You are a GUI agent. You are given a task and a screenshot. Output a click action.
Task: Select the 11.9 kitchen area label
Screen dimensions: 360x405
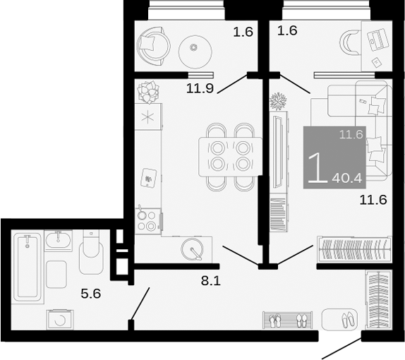click(200, 88)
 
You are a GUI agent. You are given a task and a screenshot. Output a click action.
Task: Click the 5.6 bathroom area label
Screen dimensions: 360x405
click(91, 294)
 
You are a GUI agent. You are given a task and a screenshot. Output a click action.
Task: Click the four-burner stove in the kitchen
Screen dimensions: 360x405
click(149, 220)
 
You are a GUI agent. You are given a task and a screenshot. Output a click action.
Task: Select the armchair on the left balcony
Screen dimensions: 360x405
click(153, 44)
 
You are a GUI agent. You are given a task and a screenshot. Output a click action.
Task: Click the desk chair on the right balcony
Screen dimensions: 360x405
click(349, 42)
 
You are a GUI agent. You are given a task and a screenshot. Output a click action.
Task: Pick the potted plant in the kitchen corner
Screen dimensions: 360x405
click(149, 90)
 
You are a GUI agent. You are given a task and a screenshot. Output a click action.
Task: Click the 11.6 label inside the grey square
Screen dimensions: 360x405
click(350, 134)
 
